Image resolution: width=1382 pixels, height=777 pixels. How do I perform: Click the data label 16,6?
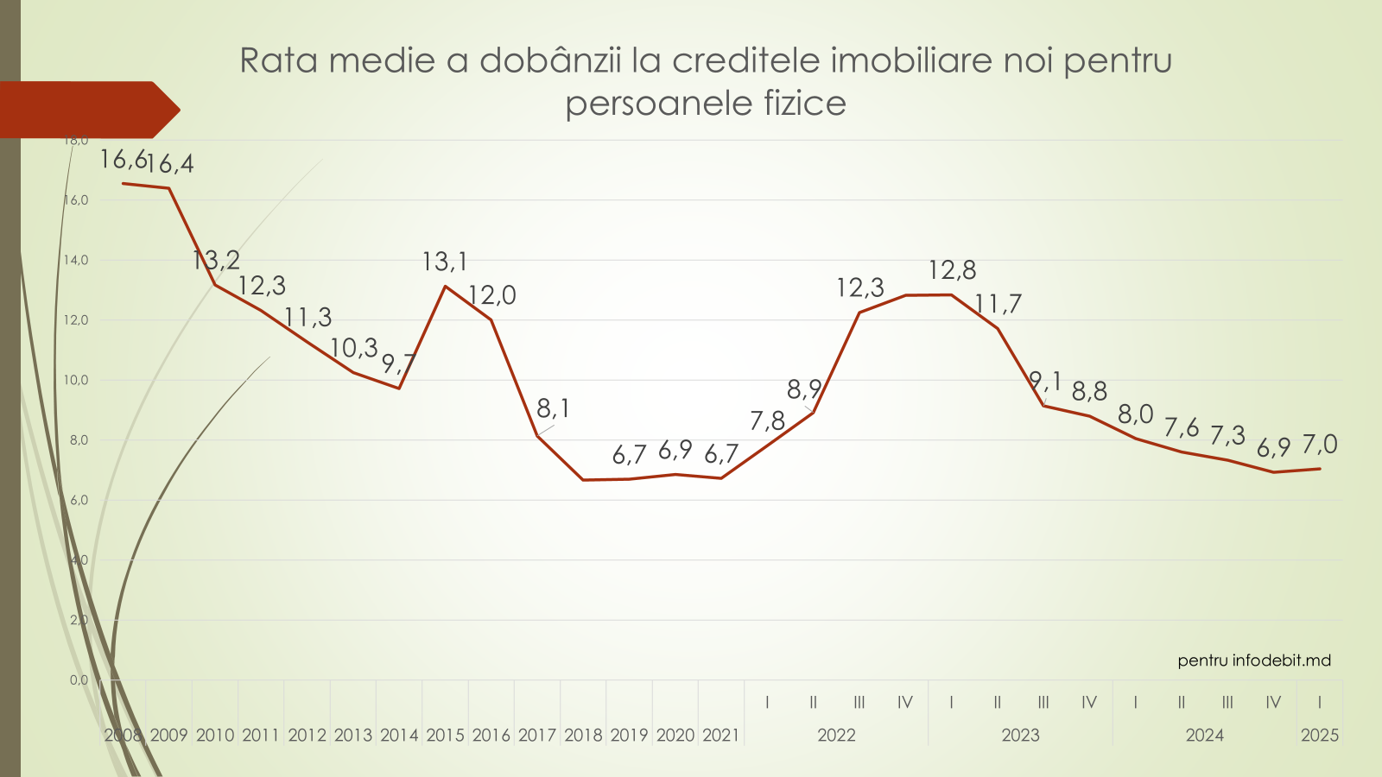click(123, 160)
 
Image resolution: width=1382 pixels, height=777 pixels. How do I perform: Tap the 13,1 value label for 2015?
click(444, 261)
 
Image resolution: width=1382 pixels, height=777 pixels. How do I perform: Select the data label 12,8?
click(952, 270)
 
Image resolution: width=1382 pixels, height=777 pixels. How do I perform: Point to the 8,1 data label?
click(554, 408)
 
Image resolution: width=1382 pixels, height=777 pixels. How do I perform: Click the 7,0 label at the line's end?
click(1320, 445)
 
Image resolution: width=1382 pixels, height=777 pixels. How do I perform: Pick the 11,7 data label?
click(998, 304)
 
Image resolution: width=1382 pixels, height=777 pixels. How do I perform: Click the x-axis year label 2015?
click(445, 736)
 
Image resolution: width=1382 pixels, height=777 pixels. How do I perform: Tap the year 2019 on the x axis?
click(629, 736)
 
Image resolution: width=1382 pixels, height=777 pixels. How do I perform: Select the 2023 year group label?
click(1020, 736)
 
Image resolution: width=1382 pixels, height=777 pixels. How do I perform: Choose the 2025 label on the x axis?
click(1320, 736)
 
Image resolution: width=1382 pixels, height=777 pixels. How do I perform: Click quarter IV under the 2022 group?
click(904, 703)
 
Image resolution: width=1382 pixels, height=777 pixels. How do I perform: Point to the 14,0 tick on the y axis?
click(76, 260)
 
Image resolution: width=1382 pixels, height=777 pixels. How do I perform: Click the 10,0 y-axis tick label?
click(76, 380)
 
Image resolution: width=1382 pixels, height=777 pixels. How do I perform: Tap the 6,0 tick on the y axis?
click(78, 500)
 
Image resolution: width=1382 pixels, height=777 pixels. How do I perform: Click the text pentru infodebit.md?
click(1254, 660)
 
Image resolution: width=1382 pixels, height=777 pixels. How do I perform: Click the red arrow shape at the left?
click(86, 110)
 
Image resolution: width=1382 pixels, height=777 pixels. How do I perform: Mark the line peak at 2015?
click(445, 286)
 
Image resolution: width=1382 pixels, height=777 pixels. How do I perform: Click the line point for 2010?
click(215, 285)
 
